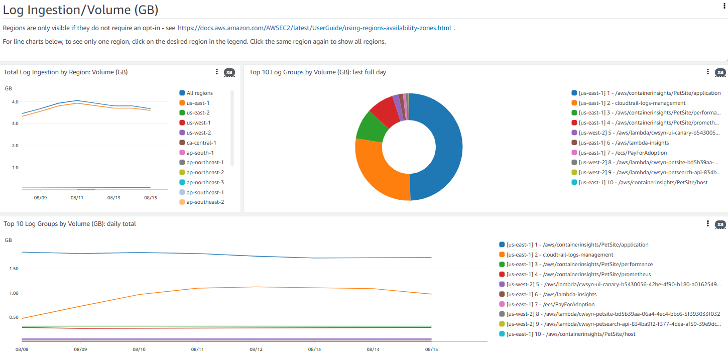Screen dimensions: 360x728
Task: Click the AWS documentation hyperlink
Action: click(x=314, y=28)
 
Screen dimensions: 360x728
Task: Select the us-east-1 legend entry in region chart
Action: click(x=198, y=103)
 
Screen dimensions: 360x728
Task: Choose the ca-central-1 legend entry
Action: click(x=201, y=143)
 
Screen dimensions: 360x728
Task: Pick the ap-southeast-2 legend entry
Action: click(x=205, y=202)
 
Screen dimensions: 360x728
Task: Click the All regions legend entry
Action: click(x=199, y=93)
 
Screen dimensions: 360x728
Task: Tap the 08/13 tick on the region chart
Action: click(x=113, y=198)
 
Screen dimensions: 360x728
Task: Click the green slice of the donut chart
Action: click(x=371, y=126)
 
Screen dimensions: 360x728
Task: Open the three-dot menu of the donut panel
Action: click(x=707, y=72)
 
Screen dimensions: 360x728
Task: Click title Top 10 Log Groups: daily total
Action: click(x=70, y=224)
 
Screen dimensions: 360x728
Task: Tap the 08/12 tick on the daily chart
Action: click(x=256, y=349)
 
